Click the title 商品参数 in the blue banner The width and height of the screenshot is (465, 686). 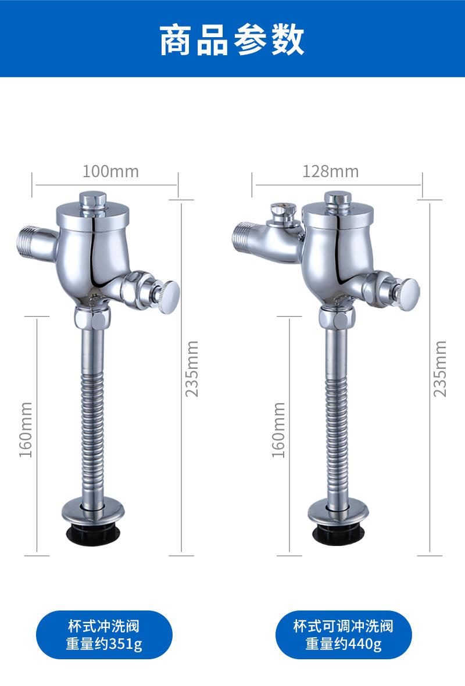pyautogui.click(x=232, y=40)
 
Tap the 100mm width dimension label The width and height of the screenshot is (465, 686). pyautogui.click(x=111, y=171)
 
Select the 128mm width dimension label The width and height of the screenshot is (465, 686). pyautogui.click(x=331, y=171)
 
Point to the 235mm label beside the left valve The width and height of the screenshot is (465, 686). pyautogui.click(x=192, y=369)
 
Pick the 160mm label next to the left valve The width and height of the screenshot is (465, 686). pyautogui.click(x=26, y=430)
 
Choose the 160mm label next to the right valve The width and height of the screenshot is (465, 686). pyautogui.click(x=278, y=430)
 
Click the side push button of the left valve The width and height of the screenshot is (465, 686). pyautogui.click(x=169, y=297)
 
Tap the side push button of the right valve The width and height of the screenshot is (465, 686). pyautogui.click(x=407, y=294)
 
